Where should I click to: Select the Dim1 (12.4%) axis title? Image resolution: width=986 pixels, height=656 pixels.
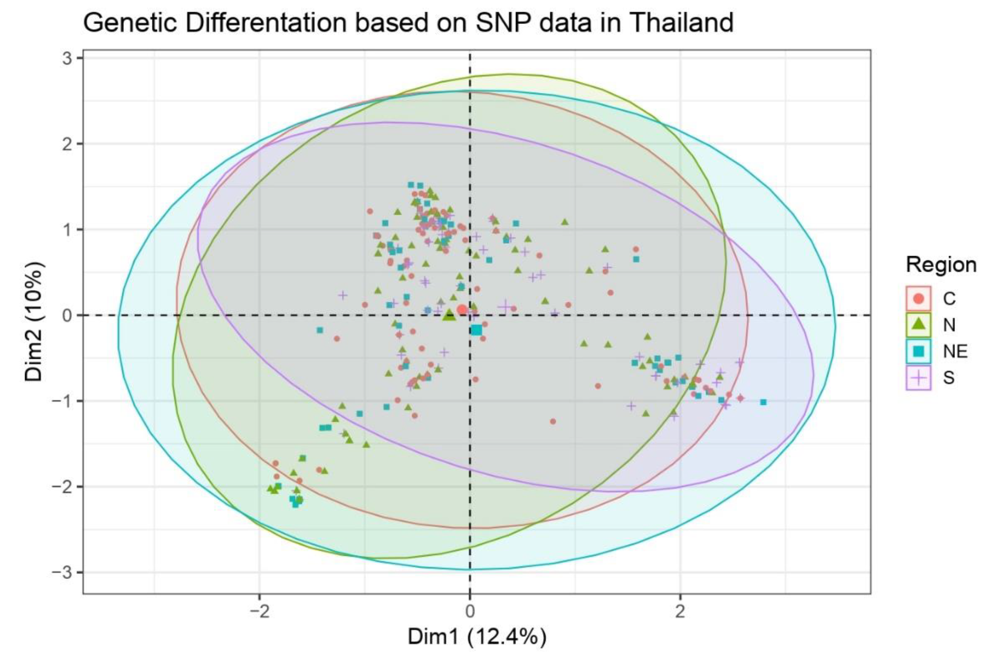[x=477, y=637]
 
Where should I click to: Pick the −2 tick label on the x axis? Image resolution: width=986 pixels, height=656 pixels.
[x=259, y=612]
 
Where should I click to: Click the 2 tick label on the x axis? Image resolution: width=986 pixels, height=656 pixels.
[x=680, y=612]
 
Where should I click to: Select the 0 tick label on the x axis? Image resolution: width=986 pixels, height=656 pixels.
[x=470, y=612]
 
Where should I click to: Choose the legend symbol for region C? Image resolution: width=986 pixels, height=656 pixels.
[x=918, y=298]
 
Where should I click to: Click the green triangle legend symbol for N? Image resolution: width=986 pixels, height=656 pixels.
[x=918, y=324]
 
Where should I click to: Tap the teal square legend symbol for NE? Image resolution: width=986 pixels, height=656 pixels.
[x=918, y=351]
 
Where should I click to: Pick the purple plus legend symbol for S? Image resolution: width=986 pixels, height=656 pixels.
[x=918, y=377]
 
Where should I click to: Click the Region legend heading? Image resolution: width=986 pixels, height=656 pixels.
[x=940, y=265]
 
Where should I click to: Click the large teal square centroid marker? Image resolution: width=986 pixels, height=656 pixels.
[x=476, y=331]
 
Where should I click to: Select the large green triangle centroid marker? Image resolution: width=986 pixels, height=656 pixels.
[x=449, y=315]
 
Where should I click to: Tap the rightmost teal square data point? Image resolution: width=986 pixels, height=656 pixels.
[x=763, y=402]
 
